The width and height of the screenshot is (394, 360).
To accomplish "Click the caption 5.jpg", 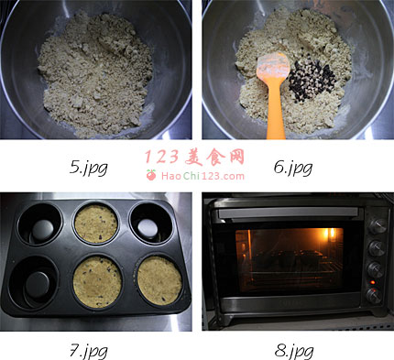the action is (88, 168).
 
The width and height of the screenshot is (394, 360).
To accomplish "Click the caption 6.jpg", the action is (293, 168).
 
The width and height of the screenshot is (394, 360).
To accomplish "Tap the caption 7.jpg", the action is (88, 351).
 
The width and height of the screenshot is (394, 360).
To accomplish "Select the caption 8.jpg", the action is (293, 351).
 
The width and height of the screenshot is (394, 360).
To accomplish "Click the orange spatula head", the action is (273, 68).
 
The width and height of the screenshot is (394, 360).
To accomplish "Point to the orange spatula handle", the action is (276, 110).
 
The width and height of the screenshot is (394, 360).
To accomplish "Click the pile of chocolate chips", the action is (312, 80).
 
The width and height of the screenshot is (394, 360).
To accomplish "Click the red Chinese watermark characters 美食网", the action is (214, 158).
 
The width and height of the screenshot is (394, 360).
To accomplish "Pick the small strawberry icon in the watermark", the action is (151, 175).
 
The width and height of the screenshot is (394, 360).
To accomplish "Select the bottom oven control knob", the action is (375, 295).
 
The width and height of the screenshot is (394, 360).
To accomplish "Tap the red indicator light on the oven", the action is (372, 282).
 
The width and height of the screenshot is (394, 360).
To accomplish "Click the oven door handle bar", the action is (289, 213).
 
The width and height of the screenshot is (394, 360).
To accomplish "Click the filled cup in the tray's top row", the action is (96, 224).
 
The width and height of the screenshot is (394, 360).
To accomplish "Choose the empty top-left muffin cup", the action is (39, 224).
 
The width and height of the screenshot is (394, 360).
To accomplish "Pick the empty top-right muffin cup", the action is (151, 225).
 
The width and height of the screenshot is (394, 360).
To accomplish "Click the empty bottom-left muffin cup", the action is (34, 282).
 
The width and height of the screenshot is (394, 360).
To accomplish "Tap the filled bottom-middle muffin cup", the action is (97, 282).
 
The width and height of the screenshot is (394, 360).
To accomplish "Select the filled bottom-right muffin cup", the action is (159, 280).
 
